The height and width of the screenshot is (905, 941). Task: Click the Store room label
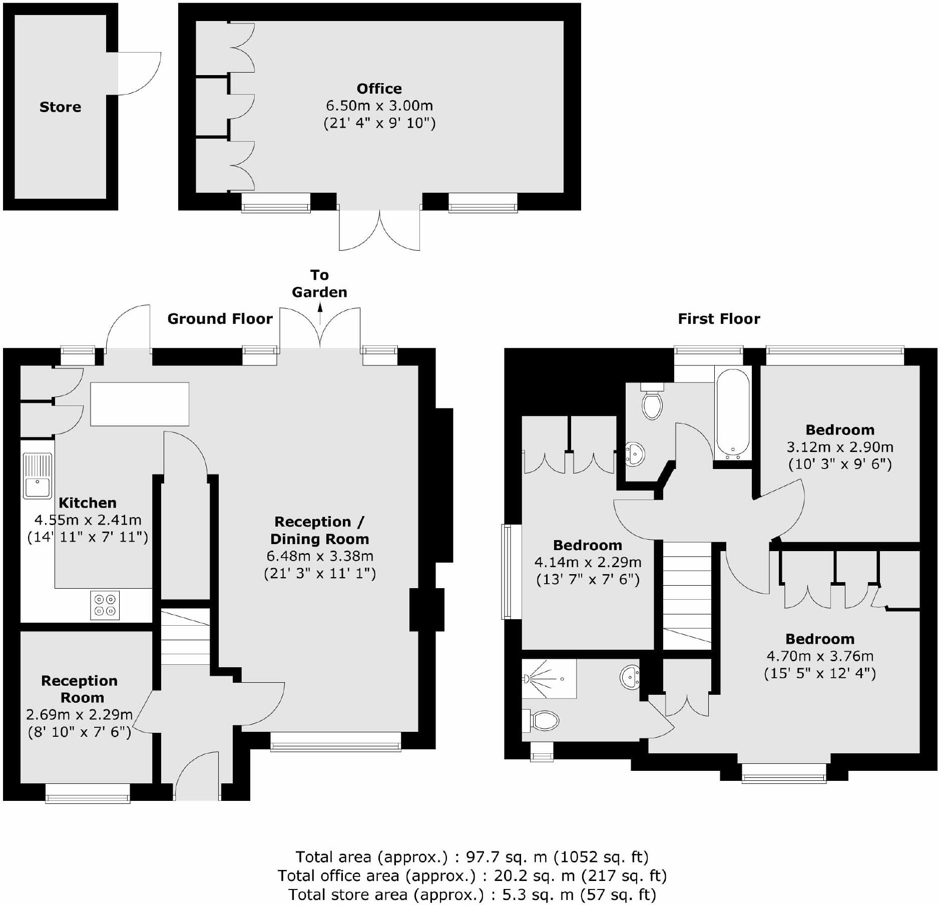tap(60, 107)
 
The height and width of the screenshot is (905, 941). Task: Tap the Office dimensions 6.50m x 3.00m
tap(379, 106)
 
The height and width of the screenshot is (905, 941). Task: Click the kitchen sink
tap(37, 476)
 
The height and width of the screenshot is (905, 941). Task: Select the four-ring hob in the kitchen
tap(105, 605)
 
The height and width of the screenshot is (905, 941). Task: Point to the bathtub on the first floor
tap(733, 412)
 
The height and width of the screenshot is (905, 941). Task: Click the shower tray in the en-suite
tap(549, 678)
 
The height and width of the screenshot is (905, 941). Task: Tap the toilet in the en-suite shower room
tap(543, 721)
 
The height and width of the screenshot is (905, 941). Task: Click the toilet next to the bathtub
tap(652, 403)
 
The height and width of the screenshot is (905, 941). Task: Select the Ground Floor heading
tap(220, 319)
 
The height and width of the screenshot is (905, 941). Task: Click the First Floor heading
tap(719, 319)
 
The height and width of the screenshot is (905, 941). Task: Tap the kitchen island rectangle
tap(140, 404)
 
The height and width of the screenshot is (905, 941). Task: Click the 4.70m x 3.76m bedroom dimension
tap(820, 656)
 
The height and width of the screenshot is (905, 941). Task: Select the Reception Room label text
tap(80, 689)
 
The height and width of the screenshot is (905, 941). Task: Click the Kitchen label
tap(88, 503)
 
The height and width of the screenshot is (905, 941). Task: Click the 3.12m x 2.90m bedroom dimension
tap(840, 446)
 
